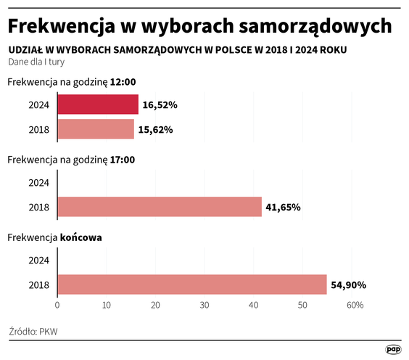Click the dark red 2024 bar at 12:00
click(97, 105)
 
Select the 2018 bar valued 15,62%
click(95, 129)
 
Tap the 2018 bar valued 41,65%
click(159, 207)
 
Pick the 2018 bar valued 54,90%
click(191, 285)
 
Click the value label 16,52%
click(160, 105)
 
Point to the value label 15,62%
click(156, 130)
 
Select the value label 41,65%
click(284, 208)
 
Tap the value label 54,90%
click(349, 285)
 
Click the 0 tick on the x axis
click(57, 306)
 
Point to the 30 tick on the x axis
click(204, 306)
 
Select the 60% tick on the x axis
click(354, 306)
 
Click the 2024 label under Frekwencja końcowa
click(38, 260)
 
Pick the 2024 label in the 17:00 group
click(38, 182)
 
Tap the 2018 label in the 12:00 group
click(38, 129)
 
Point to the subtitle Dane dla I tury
click(37, 62)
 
